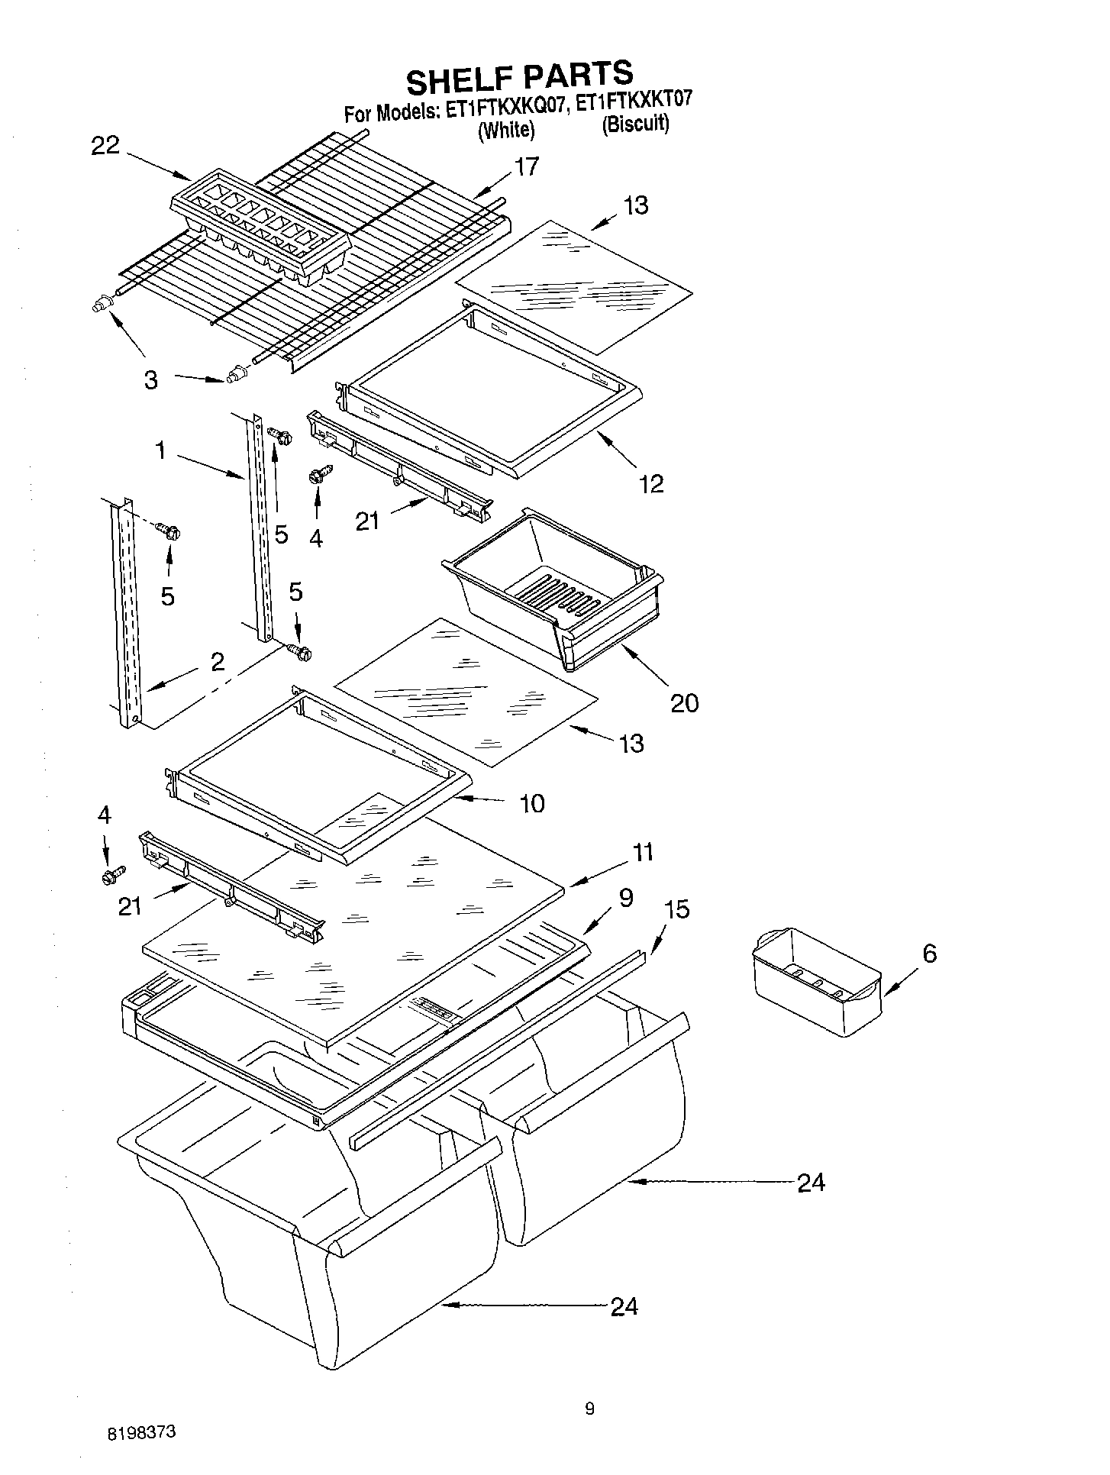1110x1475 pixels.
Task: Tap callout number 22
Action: coord(105,146)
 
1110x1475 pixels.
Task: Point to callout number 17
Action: coord(525,166)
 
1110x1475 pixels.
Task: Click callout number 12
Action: coord(651,483)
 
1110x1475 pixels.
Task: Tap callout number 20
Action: coord(684,702)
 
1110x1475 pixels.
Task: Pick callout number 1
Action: coord(161,451)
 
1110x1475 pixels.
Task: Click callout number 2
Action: coord(218,661)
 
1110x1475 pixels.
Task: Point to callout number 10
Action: coord(532,803)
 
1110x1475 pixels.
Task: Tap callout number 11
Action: coord(643,852)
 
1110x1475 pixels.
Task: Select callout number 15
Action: coord(676,909)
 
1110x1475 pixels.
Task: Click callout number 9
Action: coord(625,898)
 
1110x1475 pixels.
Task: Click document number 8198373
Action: coord(142,1431)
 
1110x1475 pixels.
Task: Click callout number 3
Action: coord(151,379)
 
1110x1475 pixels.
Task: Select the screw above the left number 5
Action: coord(167,530)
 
